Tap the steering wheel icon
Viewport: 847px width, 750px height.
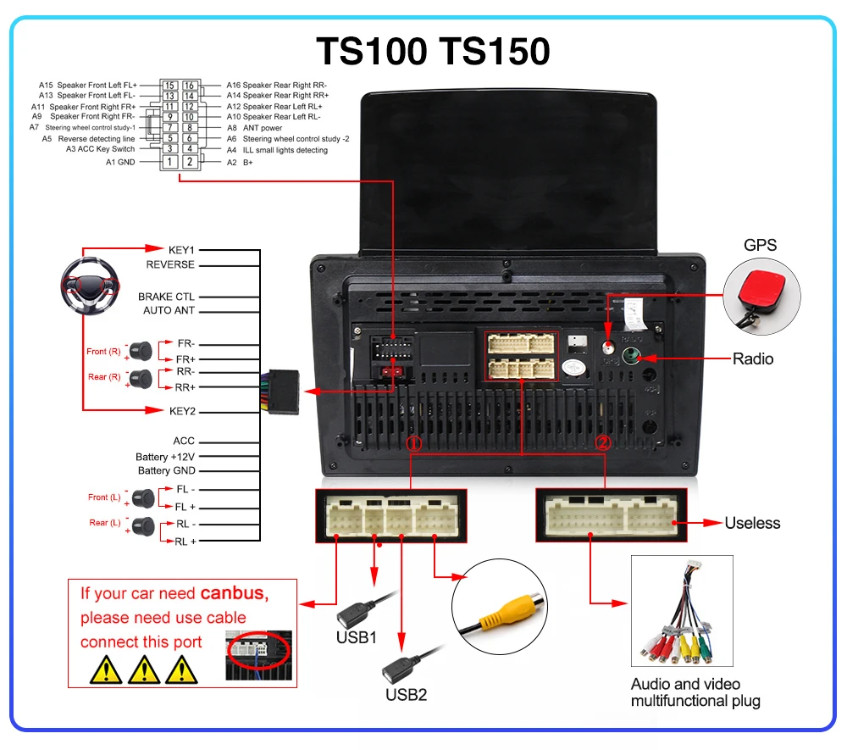(x=87, y=286)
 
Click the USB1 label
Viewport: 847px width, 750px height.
(x=357, y=636)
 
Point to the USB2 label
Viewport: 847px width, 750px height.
(x=407, y=694)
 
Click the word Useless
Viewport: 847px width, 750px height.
(x=752, y=523)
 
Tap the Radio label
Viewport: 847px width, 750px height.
(x=753, y=359)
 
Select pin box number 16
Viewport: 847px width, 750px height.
(x=190, y=86)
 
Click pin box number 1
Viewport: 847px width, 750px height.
(x=170, y=161)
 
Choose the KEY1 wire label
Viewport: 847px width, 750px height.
(x=181, y=250)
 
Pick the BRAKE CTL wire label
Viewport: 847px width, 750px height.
(x=166, y=297)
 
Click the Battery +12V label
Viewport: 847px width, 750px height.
(x=165, y=457)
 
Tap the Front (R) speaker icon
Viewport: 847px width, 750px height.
(x=141, y=349)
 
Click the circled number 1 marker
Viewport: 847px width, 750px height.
(x=413, y=443)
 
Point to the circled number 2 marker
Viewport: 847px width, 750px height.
(x=603, y=442)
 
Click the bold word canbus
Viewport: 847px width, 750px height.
(x=233, y=593)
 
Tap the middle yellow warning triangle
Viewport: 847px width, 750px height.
(x=144, y=669)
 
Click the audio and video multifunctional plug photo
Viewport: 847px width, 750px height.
(x=681, y=612)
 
